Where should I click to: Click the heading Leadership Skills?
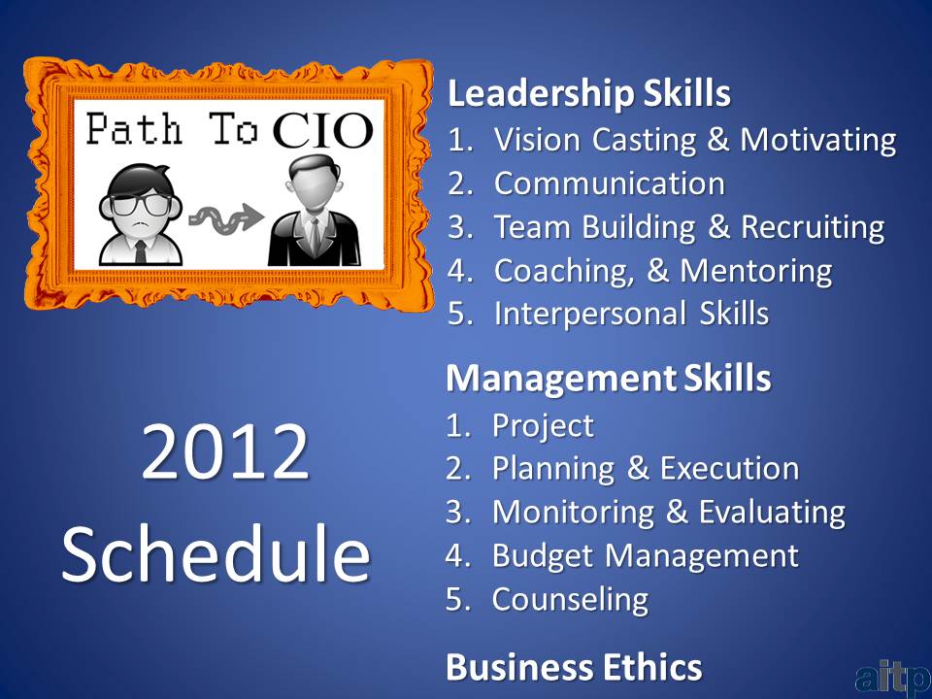click(588, 94)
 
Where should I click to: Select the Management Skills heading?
click(608, 378)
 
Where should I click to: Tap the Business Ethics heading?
click(574, 667)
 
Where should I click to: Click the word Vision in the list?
click(537, 140)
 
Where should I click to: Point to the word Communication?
click(610, 183)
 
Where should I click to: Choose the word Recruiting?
click(813, 228)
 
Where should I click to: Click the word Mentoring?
click(755, 272)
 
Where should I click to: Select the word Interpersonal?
click(589, 315)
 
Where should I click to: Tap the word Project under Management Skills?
click(543, 426)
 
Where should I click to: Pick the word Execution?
click(729, 468)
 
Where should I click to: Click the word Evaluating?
click(772, 513)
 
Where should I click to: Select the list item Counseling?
click(570, 600)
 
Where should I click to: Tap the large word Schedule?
click(216, 552)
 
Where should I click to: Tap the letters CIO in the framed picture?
click(322, 130)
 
